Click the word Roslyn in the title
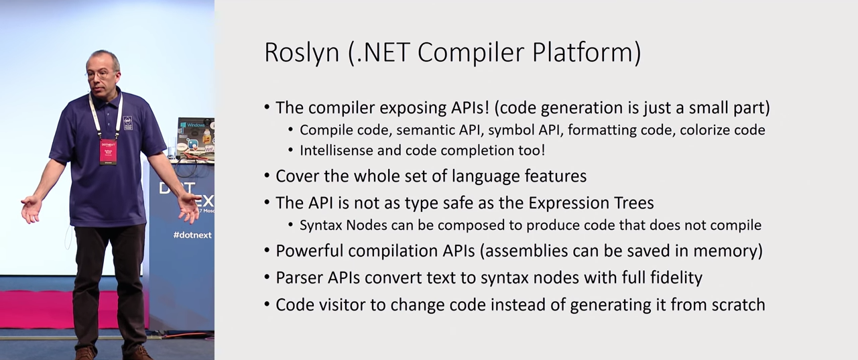[302, 53]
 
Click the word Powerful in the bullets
[309, 251]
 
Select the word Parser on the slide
[299, 278]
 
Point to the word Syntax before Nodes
[320, 225]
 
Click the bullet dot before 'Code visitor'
[267, 305]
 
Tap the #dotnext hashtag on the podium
[192, 235]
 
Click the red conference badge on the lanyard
[108, 152]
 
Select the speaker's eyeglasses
[97, 74]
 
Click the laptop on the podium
[195, 137]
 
